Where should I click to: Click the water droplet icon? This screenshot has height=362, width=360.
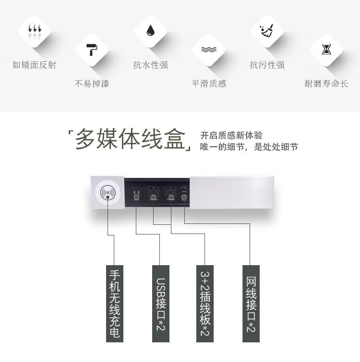pos(150,31)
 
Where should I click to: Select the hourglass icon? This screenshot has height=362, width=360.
pos(326,49)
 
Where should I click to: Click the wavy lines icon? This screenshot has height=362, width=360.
pos(209,49)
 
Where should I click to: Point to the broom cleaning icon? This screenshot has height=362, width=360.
pos(267,31)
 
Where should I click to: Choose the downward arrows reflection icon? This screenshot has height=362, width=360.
pos(35,31)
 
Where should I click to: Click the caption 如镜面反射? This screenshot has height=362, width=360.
pos(34,65)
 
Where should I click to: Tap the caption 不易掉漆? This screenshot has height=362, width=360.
pos(92,83)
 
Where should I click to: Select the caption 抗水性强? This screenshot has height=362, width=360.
pos(150,65)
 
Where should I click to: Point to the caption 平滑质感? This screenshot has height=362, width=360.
pos(209,83)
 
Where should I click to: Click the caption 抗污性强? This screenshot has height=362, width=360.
pos(267,65)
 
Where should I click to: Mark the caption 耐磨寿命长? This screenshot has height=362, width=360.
pos(326,83)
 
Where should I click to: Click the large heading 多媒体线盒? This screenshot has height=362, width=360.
pos(130,139)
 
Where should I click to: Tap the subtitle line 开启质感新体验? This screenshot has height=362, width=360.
pos(231,135)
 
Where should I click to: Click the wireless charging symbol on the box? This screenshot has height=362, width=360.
pos(108,193)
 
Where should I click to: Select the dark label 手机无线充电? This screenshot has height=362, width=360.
pos(115,304)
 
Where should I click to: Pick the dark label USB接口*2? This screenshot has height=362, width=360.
pos(161,304)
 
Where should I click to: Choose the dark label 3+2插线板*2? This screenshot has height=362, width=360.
pos(205,304)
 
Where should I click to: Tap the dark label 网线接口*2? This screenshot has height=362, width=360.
pos(251,304)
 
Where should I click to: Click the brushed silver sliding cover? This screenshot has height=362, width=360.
pos(232,192)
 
